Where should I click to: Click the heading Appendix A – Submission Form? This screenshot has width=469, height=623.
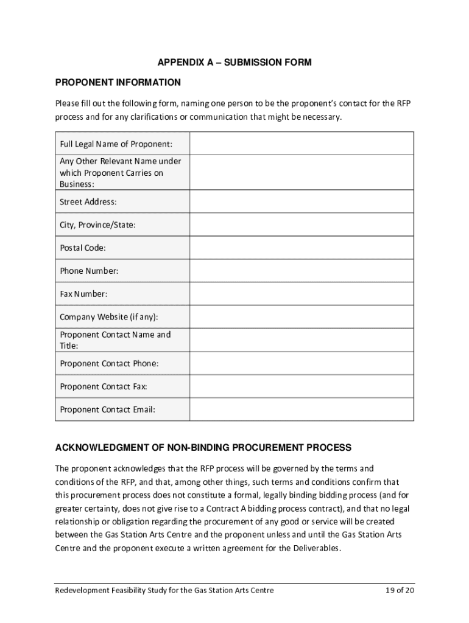point(234,63)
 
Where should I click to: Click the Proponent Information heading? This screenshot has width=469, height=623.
point(118,82)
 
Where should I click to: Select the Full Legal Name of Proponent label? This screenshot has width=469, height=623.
point(116,144)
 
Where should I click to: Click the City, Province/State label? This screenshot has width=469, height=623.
point(97,225)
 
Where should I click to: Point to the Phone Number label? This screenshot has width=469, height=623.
point(89,271)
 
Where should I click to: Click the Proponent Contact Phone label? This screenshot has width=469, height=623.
point(109,363)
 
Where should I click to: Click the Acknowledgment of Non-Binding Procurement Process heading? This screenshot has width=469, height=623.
point(203,448)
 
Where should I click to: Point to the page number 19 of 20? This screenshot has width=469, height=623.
point(399,591)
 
